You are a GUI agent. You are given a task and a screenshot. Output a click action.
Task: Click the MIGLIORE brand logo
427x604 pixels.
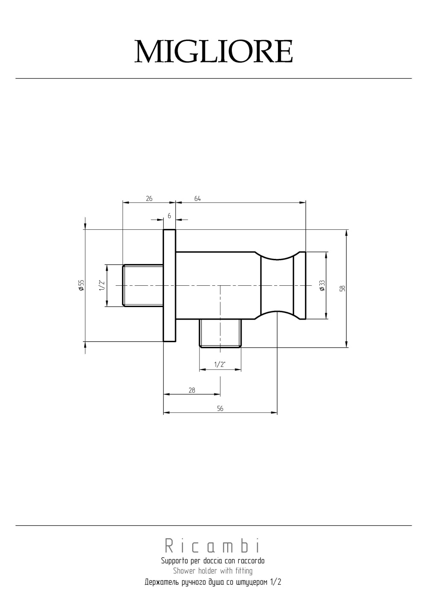[x=213, y=52]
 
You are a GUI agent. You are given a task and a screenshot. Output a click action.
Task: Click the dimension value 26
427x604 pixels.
[x=149, y=199]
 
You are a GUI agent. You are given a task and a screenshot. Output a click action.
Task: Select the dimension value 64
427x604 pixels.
[x=197, y=199]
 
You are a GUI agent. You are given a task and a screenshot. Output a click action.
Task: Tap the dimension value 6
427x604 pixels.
[x=170, y=216]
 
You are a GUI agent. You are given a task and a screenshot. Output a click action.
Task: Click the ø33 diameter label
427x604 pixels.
[x=322, y=285]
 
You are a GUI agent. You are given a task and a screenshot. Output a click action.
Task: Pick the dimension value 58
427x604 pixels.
[x=342, y=288]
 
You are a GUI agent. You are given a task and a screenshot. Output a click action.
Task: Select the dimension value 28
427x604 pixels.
[x=192, y=390]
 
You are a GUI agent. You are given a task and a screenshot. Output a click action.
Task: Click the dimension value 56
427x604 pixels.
[x=220, y=408]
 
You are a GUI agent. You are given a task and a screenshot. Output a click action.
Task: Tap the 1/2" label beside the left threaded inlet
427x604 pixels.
[x=102, y=285]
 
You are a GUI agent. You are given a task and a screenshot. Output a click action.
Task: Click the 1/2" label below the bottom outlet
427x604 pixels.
[x=219, y=364]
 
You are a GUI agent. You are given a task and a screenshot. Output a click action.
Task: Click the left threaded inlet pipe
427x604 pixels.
[x=143, y=285]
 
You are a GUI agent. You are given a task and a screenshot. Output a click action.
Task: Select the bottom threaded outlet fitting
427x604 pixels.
[x=220, y=333]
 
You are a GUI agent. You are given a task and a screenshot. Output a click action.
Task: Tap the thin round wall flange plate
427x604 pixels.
[x=170, y=285]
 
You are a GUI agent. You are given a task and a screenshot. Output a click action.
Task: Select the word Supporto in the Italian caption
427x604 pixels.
[x=172, y=560]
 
